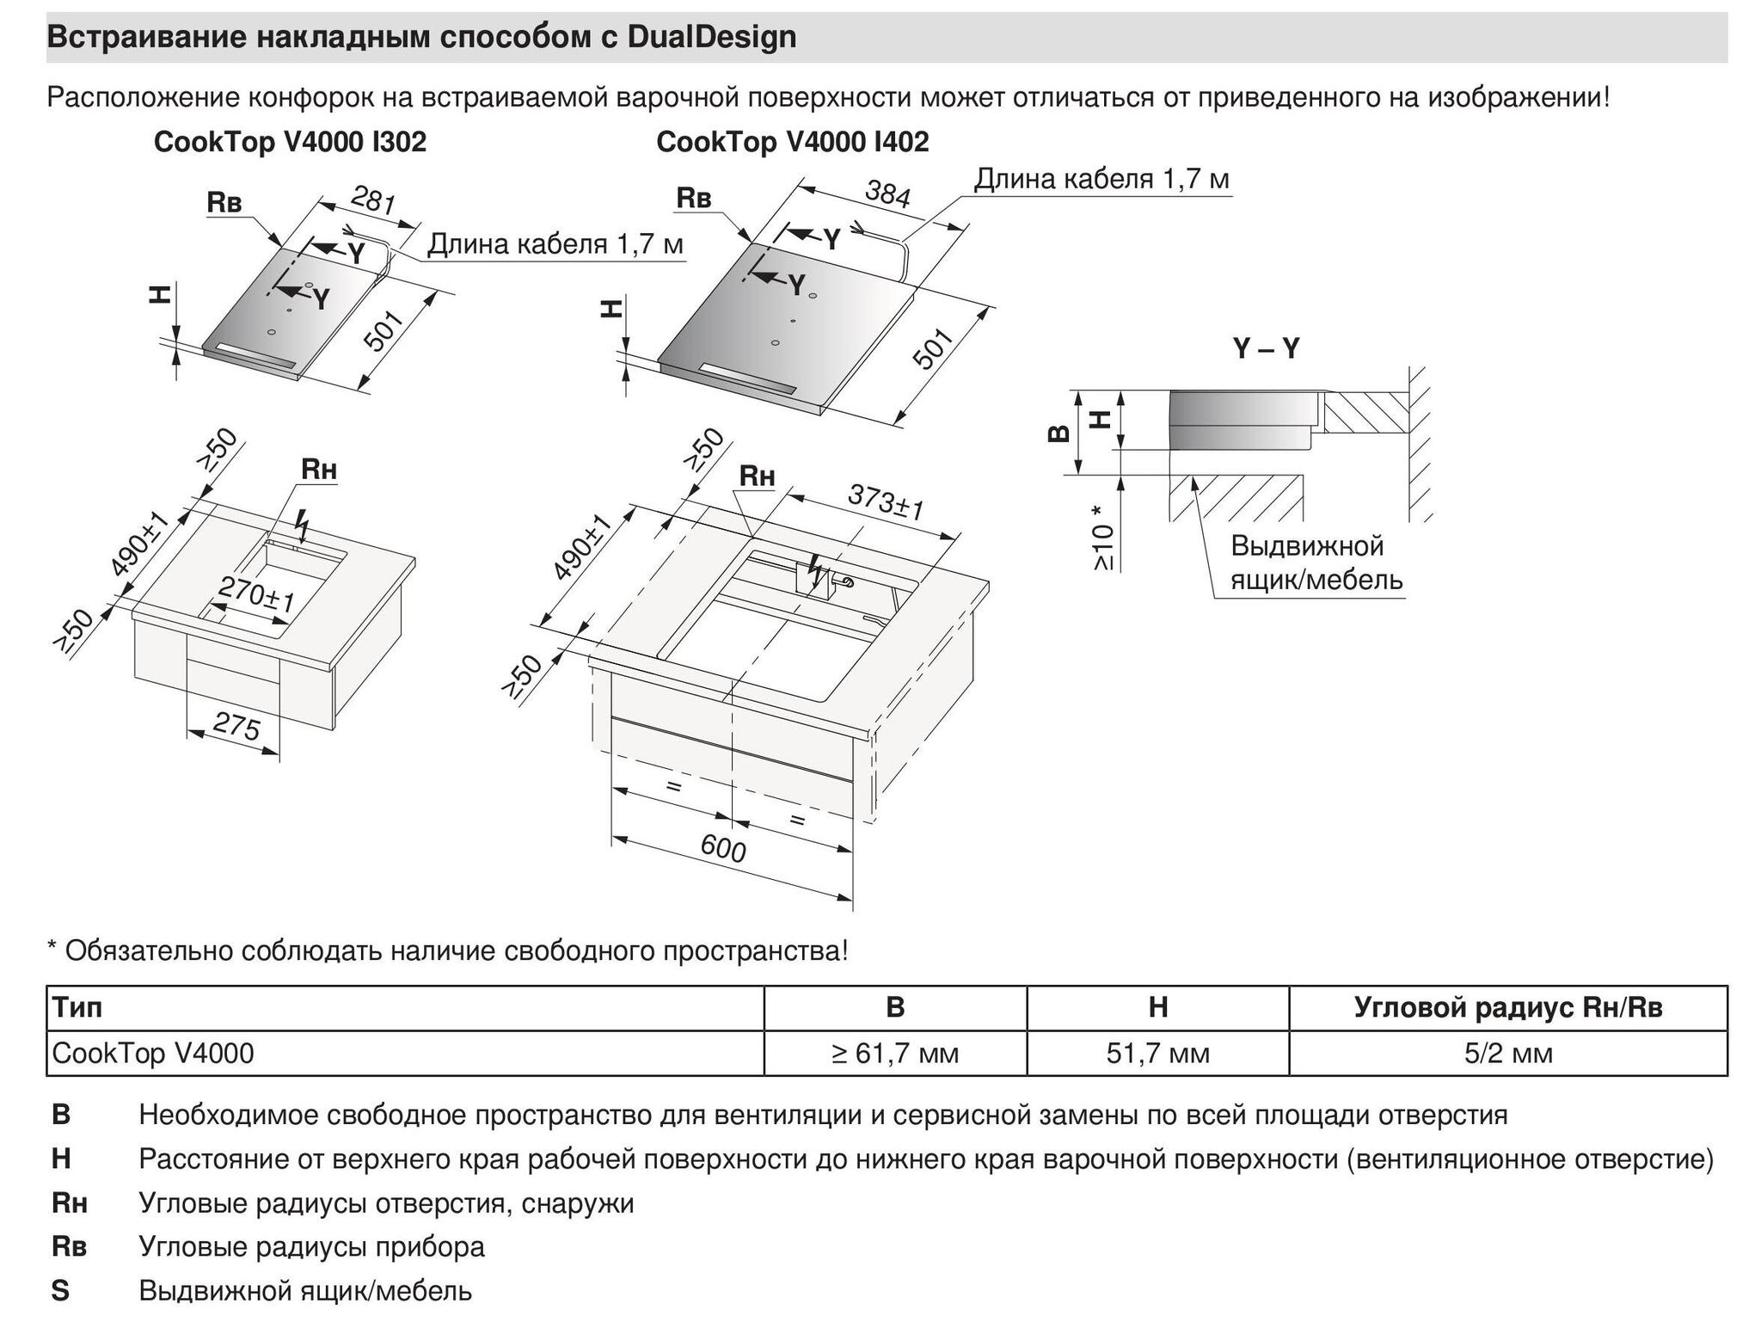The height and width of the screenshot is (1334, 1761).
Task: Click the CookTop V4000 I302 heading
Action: pyautogui.click(x=290, y=142)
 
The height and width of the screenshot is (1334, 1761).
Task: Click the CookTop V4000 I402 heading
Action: pyautogui.click(x=792, y=142)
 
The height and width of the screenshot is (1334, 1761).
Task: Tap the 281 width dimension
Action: pyautogui.click(x=373, y=201)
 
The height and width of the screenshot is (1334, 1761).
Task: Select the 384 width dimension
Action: pyautogui.click(x=887, y=194)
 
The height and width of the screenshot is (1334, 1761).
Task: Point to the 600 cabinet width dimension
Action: pyautogui.click(x=723, y=849)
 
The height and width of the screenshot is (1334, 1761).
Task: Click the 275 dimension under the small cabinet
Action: pyautogui.click(x=236, y=728)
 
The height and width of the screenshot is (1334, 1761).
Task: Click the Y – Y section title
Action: pyautogui.click(x=1266, y=348)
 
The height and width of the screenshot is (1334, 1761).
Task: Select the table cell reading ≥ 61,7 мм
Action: pyautogui.click(x=894, y=1053)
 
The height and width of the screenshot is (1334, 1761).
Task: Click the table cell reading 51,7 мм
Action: pyautogui.click(x=1157, y=1053)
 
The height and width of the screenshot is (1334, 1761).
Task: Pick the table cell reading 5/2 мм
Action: pyautogui.click(x=1508, y=1053)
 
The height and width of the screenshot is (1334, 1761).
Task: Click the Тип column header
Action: pyautogui.click(x=77, y=1007)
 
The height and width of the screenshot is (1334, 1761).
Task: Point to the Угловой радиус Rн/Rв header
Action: pyautogui.click(x=1508, y=1007)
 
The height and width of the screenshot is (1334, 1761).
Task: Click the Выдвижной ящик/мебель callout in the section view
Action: pyautogui.click(x=1316, y=562)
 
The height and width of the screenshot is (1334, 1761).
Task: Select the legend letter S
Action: pyautogui.click(x=60, y=1290)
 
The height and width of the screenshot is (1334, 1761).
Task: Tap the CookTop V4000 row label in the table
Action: pyautogui.click(x=153, y=1053)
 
